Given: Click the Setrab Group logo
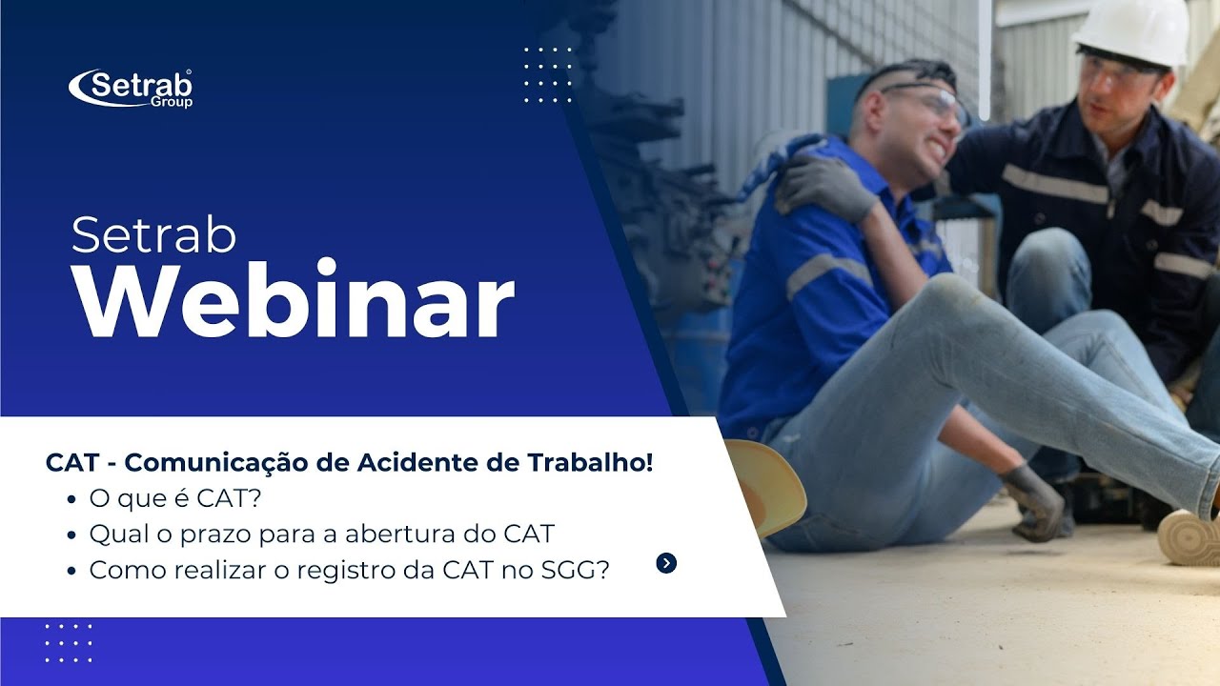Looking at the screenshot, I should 131,88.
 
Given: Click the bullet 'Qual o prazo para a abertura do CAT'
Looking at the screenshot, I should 321,534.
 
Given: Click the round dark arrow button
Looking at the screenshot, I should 666,563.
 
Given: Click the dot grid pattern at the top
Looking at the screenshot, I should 548,74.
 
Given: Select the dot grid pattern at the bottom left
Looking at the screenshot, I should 69,643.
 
